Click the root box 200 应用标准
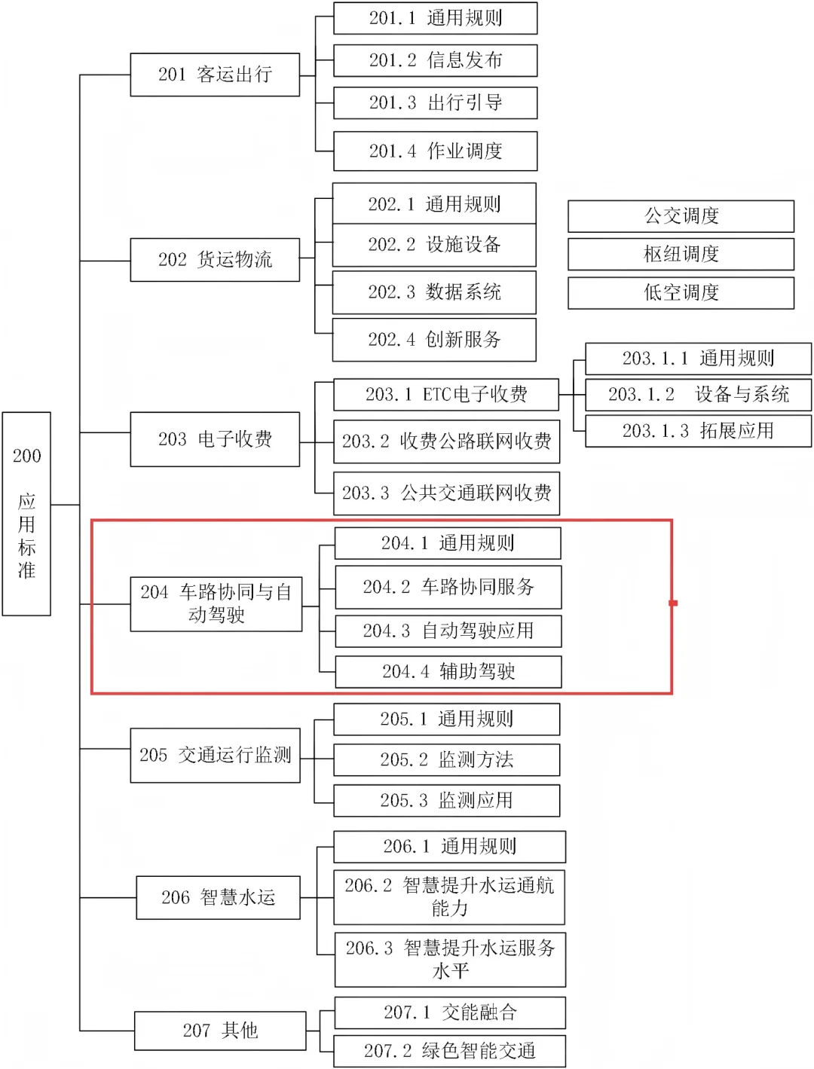click(x=26, y=514)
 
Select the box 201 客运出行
click(x=215, y=75)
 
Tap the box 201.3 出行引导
click(x=435, y=103)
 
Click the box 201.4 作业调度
click(x=435, y=151)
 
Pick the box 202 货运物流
click(x=215, y=260)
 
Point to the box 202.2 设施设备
click(x=434, y=245)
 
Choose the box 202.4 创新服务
click(x=434, y=340)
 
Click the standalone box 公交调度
click(x=681, y=216)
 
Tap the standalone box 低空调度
click(x=681, y=293)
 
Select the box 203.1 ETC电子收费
click(x=446, y=395)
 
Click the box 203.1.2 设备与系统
click(x=698, y=395)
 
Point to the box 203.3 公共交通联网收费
click(x=446, y=493)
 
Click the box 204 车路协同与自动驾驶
click(x=216, y=604)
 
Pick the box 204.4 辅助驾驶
click(x=448, y=672)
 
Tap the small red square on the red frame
click(x=673, y=603)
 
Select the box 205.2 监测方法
click(x=446, y=760)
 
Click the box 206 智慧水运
click(x=218, y=897)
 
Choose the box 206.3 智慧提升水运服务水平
click(x=450, y=959)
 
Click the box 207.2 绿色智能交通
click(x=450, y=1051)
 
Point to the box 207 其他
click(x=220, y=1031)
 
